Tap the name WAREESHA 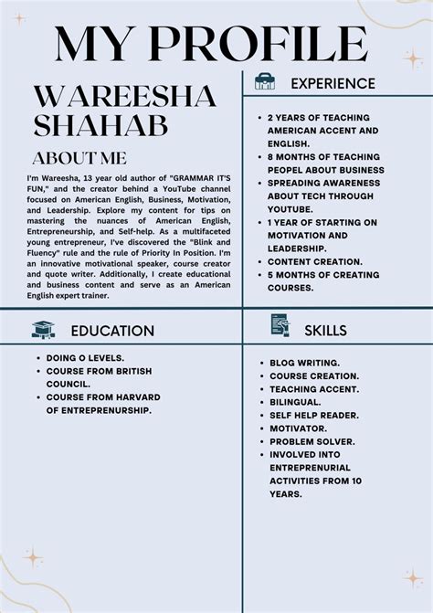[x=124, y=95]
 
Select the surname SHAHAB [x=100, y=125]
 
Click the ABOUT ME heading [x=79, y=157]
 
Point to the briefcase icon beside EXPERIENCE [x=264, y=82]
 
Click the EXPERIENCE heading [x=333, y=83]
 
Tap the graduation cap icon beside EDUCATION [x=43, y=330]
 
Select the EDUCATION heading [x=112, y=331]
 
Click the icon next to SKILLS [x=280, y=326]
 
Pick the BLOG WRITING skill [x=304, y=363]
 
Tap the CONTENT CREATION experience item [x=314, y=261]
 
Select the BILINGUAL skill [x=294, y=402]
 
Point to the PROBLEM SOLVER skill [x=312, y=441]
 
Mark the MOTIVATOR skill [x=297, y=428]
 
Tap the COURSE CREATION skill [x=314, y=375]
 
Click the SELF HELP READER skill [x=312, y=415]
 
